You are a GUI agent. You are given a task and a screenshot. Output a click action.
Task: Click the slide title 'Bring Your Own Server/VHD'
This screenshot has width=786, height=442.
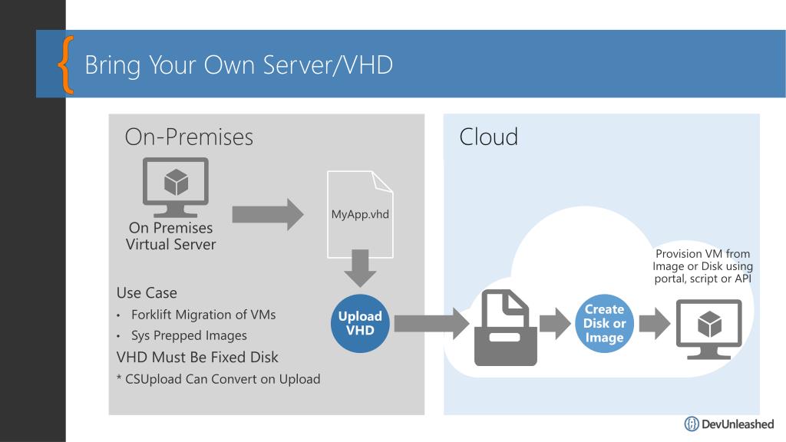coord(239,65)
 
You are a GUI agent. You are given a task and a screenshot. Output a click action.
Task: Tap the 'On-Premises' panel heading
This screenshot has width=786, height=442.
coord(189,137)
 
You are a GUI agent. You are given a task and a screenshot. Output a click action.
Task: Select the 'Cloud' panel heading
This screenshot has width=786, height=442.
coord(488,137)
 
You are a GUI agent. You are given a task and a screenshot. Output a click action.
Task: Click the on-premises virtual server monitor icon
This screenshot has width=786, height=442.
coord(176,186)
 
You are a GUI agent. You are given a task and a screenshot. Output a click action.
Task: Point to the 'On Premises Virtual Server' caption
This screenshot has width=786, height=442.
coord(171,236)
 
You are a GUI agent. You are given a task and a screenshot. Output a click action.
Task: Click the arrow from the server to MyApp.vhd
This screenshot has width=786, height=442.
coord(268,215)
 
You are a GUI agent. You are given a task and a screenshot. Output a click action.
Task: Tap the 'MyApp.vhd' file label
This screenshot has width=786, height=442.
coord(360,215)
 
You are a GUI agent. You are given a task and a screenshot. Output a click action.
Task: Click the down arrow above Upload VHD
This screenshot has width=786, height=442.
coord(360,268)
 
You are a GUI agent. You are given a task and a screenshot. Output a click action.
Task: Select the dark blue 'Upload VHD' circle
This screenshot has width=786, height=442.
coord(360,323)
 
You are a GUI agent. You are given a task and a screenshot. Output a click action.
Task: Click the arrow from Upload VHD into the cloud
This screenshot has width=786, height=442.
coord(431,324)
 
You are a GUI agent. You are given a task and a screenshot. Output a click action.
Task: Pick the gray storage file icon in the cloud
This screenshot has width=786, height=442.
coord(505,327)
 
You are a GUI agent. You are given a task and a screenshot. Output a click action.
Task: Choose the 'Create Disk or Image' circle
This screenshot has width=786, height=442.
coord(604,323)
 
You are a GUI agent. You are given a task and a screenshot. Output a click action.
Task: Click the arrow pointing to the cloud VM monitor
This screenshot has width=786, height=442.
coord(655,323)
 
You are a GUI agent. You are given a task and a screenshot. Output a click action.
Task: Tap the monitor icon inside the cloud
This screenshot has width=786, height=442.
coord(708,329)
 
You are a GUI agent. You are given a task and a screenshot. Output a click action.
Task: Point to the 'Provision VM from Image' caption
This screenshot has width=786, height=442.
coord(703,266)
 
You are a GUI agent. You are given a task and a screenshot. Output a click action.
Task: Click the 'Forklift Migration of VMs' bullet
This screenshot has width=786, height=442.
coord(203,315)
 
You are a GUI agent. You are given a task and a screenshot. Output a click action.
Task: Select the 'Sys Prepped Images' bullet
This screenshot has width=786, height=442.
coord(189,335)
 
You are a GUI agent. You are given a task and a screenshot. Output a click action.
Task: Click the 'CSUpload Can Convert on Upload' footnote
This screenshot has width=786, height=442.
coord(219,379)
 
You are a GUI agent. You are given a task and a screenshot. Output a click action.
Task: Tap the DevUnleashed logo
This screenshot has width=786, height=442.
coord(729,424)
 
